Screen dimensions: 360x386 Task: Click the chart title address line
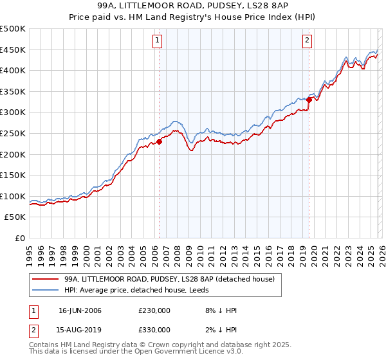coord(193,5)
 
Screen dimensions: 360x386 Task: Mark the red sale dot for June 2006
coord(159,142)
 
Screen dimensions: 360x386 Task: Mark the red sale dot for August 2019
coord(309,100)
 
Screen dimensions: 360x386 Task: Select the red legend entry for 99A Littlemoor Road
coord(169,279)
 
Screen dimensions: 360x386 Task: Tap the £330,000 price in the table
coord(154,330)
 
